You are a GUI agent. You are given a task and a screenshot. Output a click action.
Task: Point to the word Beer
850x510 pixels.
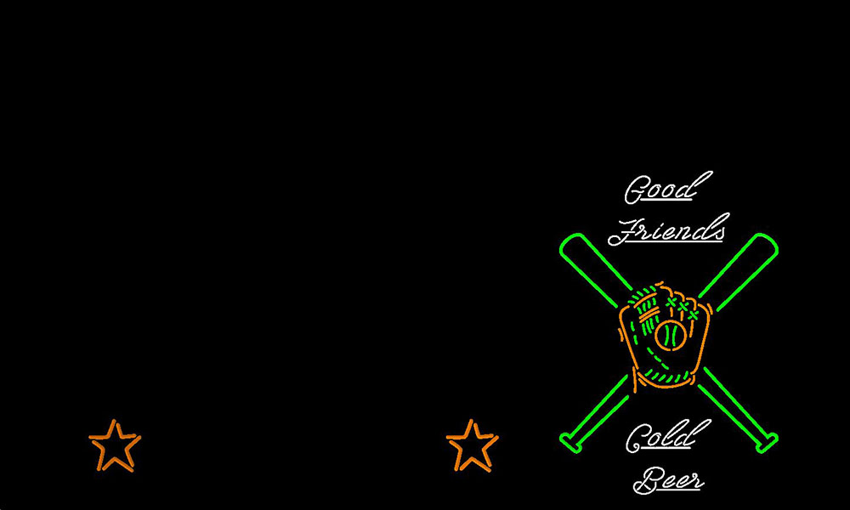[x=668, y=480]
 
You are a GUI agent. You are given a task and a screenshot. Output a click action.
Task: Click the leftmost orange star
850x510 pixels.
[x=115, y=445]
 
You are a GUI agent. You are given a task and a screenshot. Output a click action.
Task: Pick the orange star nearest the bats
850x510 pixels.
[x=472, y=445]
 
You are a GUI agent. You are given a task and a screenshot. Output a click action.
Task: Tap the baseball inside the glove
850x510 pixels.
[x=671, y=335]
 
